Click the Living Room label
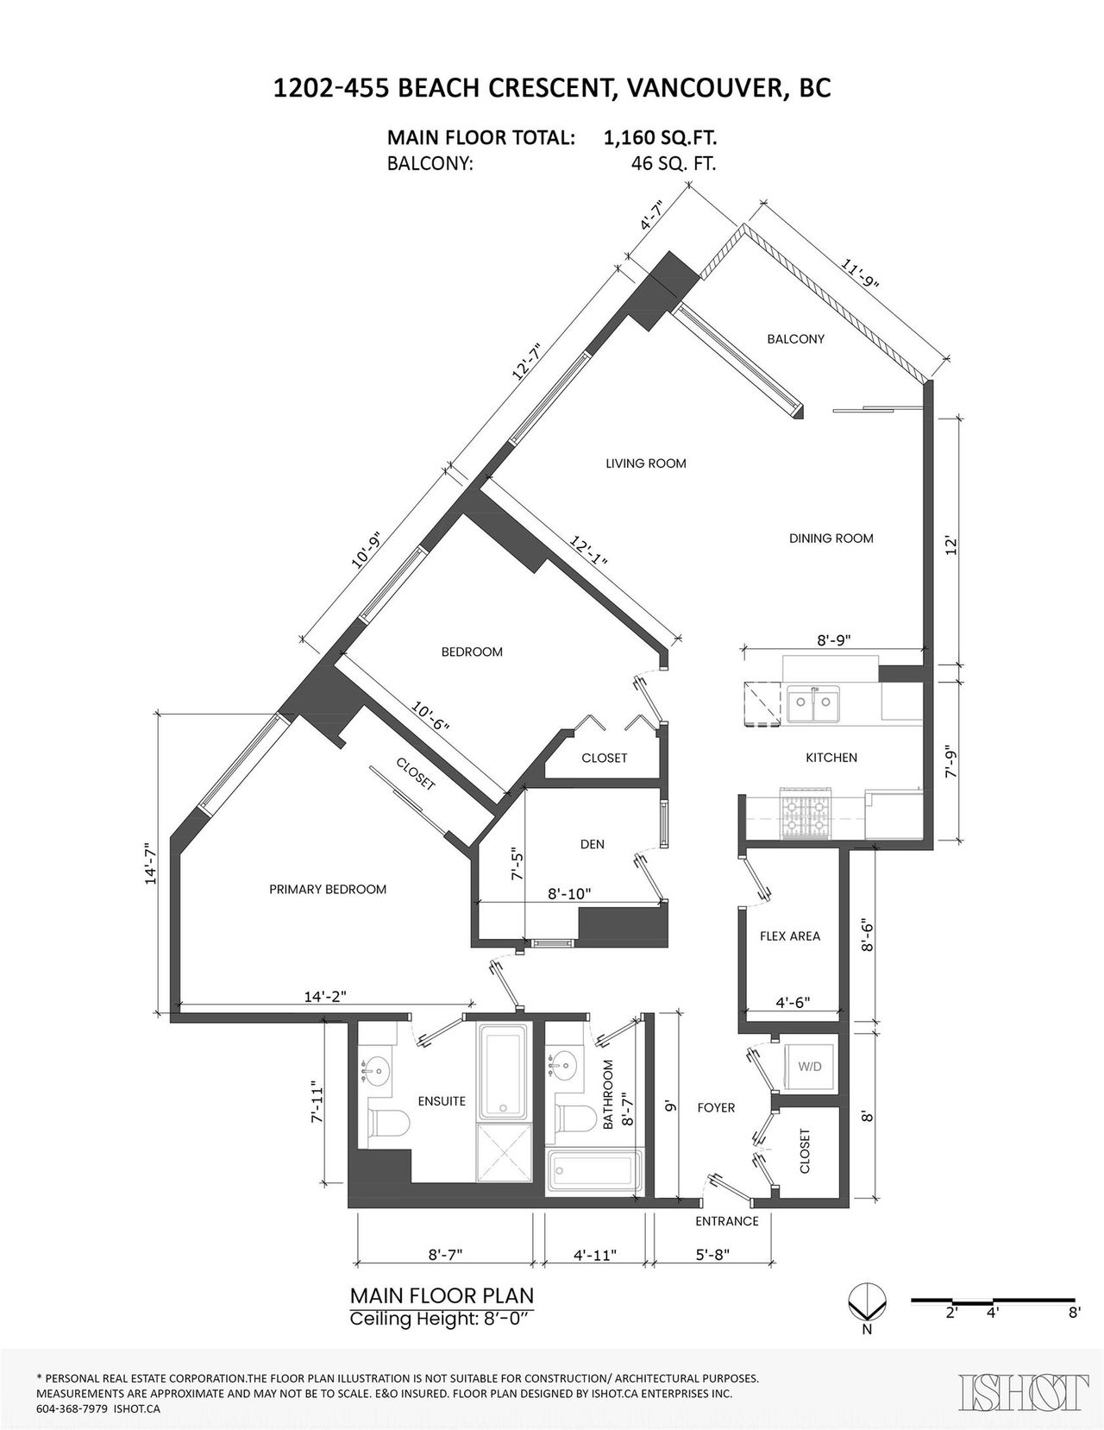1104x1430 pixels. click(x=646, y=463)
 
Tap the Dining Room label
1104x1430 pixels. click(x=831, y=539)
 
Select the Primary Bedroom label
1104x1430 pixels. click(x=328, y=889)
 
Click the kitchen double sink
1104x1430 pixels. click(x=814, y=703)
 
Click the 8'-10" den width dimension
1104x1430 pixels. click(x=569, y=894)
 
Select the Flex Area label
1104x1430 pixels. click(x=790, y=935)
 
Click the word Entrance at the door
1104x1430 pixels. click(x=727, y=1221)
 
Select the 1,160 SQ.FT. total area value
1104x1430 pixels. click(x=660, y=138)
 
